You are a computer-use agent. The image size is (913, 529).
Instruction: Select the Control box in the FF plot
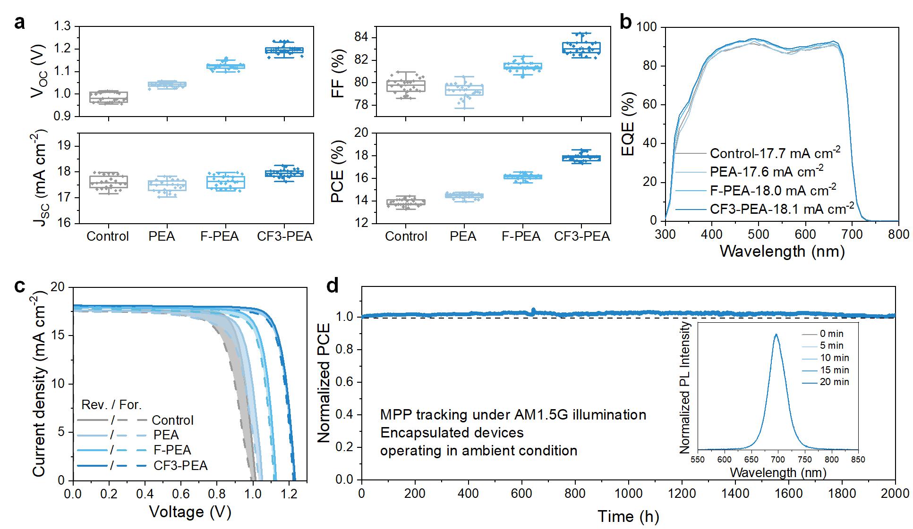405,86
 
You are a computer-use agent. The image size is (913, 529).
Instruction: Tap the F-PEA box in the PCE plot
522,177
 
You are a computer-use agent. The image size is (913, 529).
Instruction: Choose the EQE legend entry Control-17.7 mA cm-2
775,153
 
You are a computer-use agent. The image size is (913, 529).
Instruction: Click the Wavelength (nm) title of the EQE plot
782,251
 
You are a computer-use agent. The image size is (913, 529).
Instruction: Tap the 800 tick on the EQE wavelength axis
898,235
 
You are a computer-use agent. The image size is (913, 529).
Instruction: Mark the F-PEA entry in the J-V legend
172,450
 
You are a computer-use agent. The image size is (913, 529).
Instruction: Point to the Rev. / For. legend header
111,404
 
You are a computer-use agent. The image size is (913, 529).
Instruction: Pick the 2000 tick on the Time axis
896,493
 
